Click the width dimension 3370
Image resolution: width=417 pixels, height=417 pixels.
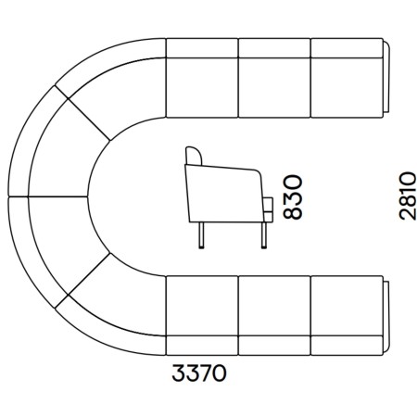(x=199, y=373)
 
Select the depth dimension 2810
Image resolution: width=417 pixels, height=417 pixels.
(x=407, y=196)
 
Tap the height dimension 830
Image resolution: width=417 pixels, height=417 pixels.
(x=292, y=197)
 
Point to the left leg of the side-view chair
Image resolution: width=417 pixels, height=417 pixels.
(x=201, y=235)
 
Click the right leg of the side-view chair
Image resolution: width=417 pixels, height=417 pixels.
(x=264, y=235)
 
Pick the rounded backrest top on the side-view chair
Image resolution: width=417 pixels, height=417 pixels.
(x=194, y=156)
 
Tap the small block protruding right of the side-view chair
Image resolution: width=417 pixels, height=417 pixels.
(x=268, y=209)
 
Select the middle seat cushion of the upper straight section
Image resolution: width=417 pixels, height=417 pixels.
(x=274, y=87)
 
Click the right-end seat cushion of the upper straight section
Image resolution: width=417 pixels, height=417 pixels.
(x=347, y=87)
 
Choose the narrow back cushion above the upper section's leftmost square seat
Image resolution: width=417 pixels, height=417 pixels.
(x=202, y=48)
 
